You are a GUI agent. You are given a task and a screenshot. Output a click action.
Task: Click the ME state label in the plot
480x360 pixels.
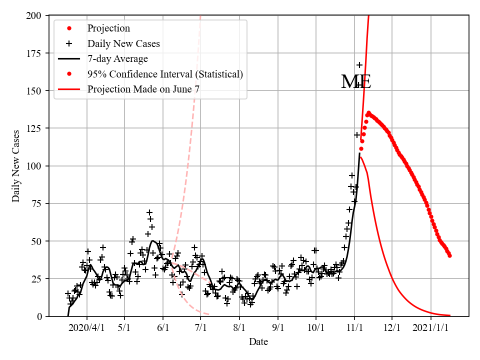point(356,82)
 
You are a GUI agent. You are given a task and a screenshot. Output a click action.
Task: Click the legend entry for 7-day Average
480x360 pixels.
point(117,59)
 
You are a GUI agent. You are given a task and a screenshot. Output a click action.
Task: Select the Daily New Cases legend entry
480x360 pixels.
point(123,43)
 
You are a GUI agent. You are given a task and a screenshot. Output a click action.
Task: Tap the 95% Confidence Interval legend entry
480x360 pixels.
point(165,74)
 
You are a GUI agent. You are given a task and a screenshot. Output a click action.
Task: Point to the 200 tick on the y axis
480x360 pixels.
point(36,15)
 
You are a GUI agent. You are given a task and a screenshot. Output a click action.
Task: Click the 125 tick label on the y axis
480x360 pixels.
point(36,128)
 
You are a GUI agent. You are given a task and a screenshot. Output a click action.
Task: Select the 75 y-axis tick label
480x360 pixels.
point(39,203)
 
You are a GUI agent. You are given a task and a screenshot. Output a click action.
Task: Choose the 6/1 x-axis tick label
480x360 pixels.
point(163,328)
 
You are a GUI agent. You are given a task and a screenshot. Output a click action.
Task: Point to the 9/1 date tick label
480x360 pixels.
point(278,328)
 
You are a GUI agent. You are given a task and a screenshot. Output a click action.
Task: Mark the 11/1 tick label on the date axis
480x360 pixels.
point(354,328)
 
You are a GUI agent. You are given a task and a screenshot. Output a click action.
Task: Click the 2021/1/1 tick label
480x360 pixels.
point(431,328)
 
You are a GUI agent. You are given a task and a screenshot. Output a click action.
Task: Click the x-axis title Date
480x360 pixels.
point(258,342)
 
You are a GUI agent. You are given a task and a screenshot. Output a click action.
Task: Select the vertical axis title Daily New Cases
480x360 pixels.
point(16,165)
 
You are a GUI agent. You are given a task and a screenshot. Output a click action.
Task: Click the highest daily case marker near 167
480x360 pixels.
point(359,65)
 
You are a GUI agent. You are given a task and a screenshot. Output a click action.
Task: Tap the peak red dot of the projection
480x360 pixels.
point(368,113)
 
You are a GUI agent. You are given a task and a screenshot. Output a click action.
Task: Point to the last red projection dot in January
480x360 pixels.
point(450,255)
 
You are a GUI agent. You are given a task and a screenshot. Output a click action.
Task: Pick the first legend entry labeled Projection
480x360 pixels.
point(108,28)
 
